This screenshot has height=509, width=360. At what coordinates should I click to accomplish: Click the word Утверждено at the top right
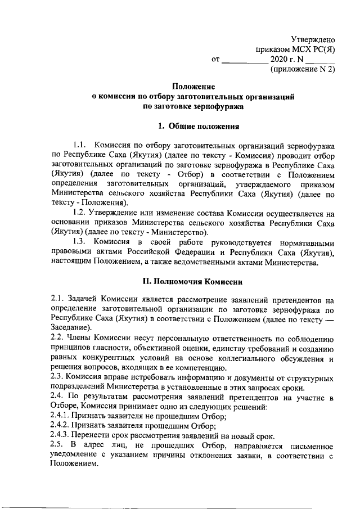point(313,39)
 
